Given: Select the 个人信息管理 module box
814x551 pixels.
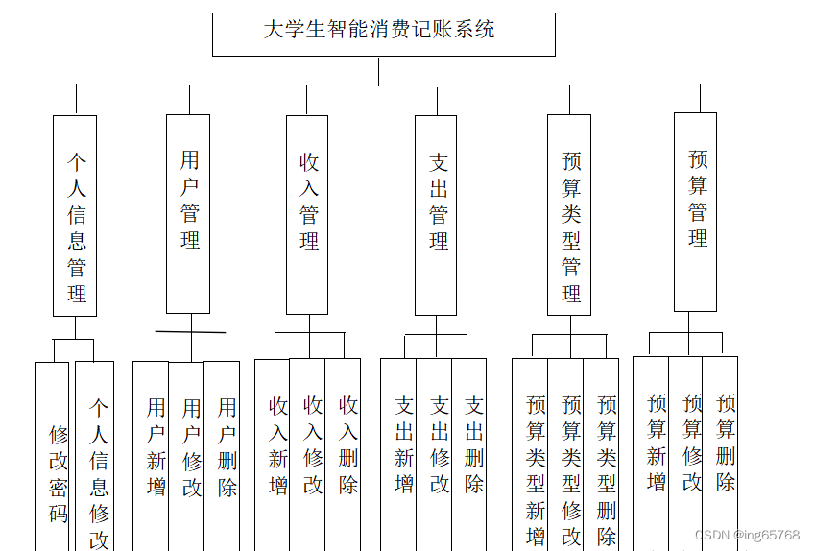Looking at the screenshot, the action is click(75, 216).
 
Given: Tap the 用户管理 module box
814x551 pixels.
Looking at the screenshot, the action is click(188, 213).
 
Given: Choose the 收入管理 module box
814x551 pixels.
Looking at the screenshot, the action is click(307, 214).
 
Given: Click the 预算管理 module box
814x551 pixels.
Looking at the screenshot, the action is click(695, 211).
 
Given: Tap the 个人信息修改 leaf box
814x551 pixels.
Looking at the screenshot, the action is click(96, 461).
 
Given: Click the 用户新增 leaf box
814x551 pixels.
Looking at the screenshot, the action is click(152, 451).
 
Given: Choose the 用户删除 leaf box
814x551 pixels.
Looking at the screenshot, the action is click(223, 451).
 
